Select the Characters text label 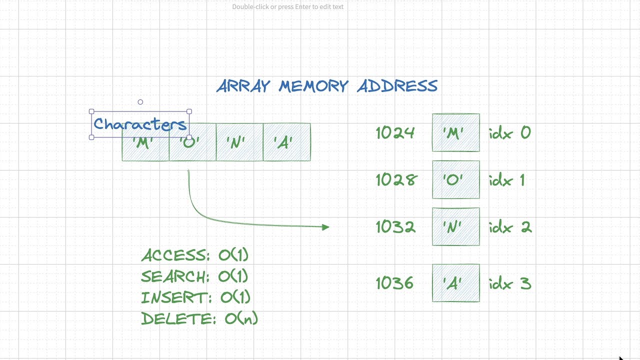(140, 124)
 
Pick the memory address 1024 (395, 133)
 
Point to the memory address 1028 (395, 180)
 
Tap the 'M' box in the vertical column (455, 133)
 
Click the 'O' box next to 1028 (455, 180)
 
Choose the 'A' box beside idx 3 (455, 283)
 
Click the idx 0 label (510, 133)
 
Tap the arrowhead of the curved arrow (326, 227)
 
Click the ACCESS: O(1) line (194, 255)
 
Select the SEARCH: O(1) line (194, 276)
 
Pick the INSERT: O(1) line (195, 297)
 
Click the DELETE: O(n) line (199, 318)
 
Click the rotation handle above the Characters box (140, 102)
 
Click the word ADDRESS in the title (397, 86)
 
